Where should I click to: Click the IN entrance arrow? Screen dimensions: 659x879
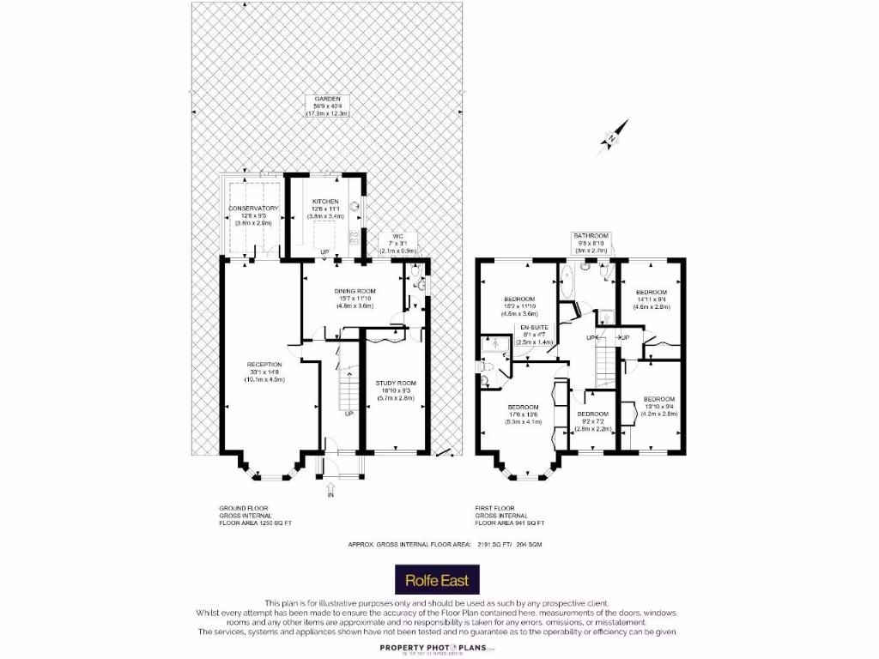330,487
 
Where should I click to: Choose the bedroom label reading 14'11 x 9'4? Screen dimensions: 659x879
652,297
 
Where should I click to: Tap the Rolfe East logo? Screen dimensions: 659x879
437,580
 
